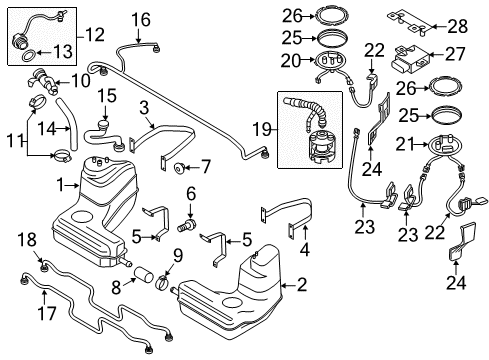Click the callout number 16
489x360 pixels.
pyautogui.click(x=141, y=20)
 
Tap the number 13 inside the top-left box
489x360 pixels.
pyautogui.click(x=63, y=52)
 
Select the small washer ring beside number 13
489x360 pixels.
pyautogui.click(x=28, y=55)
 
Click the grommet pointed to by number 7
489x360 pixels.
pyautogui.click(x=180, y=168)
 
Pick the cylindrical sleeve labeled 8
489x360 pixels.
pyautogui.click(x=144, y=274)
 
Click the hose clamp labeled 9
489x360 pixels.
pyautogui.click(x=163, y=283)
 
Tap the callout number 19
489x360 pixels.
pyautogui.click(x=262, y=129)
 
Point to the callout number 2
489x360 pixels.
pyautogui.click(x=302, y=285)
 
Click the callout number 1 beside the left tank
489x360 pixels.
pyautogui.click(x=60, y=185)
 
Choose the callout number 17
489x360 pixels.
pyautogui.click(x=47, y=313)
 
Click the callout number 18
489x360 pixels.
pyautogui.click(x=27, y=240)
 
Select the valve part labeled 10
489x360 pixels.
pyautogui.click(x=43, y=82)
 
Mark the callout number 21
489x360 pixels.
pyautogui.click(x=406, y=144)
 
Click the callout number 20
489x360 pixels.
pyautogui.click(x=291, y=61)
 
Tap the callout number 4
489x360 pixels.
pyautogui.click(x=305, y=250)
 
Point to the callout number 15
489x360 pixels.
pyautogui.click(x=107, y=96)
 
